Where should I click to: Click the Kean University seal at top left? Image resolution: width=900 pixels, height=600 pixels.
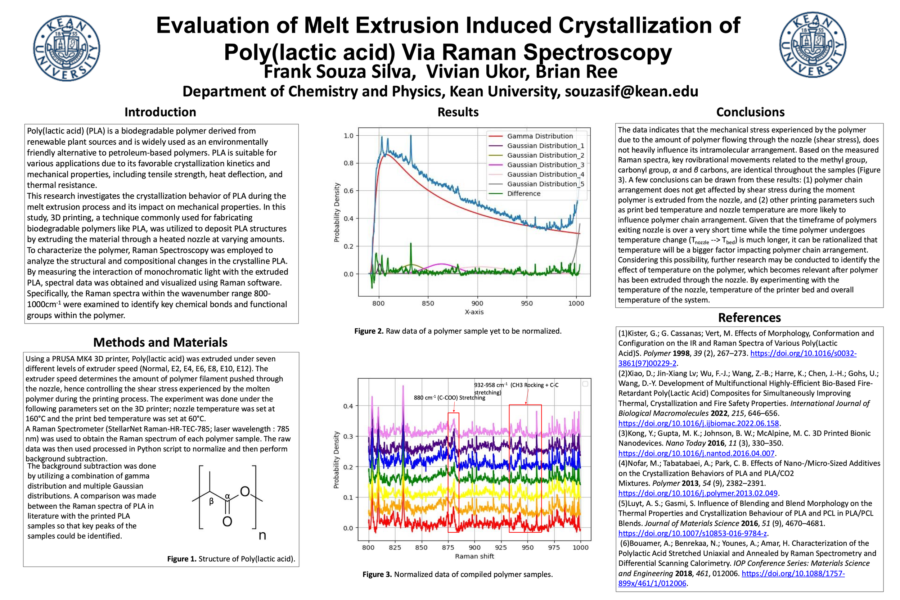click(67, 48)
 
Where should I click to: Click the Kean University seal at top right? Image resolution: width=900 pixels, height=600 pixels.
click(813, 45)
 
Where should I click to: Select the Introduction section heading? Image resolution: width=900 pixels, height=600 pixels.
click(160, 112)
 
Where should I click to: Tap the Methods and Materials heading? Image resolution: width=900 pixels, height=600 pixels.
click(160, 342)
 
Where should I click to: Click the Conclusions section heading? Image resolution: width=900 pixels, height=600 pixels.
click(750, 112)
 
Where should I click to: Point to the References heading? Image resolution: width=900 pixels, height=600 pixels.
click(749, 317)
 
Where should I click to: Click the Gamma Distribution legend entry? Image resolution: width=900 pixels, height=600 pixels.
click(540, 136)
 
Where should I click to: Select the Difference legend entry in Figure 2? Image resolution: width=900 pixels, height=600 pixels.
click(523, 194)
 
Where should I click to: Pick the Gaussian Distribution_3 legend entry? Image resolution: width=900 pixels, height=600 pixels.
click(545, 165)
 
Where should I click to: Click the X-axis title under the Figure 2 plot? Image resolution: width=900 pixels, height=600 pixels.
click(474, 312)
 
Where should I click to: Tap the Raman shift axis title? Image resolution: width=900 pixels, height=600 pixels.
click(474, 556)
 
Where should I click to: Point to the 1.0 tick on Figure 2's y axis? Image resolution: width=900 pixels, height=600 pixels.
click(348, 135)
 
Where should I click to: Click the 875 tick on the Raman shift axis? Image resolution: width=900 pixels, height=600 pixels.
click(448, 547)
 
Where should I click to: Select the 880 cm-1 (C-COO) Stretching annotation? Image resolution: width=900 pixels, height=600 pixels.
click(449, 398)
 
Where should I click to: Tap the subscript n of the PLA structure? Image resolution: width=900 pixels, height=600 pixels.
click(262, 535)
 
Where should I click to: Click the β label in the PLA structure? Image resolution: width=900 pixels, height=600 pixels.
click(211, 501)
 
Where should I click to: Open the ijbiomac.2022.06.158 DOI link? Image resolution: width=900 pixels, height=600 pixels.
click(698, 423)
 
